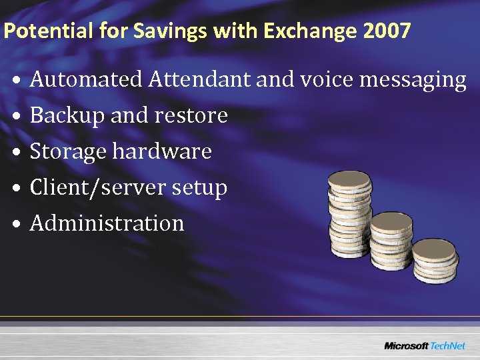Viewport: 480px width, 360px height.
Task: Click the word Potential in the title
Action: (37, 31)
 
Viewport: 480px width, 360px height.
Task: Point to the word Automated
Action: (87, 80)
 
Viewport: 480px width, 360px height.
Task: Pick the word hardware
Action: (162, 152)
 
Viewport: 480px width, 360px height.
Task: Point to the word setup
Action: (199, 188)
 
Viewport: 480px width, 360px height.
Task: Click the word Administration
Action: (107, 223)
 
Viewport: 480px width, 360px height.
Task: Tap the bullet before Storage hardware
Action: (17, 153)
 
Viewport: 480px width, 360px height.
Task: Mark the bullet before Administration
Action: (17, 224)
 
